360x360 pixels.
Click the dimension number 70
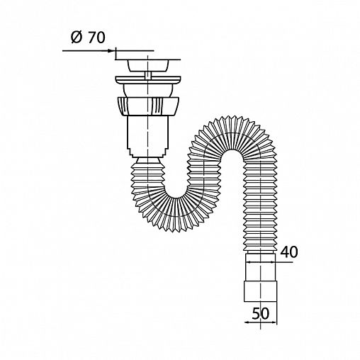(x=96, y=38)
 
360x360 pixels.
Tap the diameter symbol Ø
(x=77, y=38)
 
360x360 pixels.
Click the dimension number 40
(x=289, y=252)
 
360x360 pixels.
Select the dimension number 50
(x=261, y=314)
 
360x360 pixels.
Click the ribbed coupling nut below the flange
(x=148, y=106)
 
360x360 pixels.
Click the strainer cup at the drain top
(x=148, y=65)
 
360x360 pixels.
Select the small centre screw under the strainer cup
(x=148, y=75)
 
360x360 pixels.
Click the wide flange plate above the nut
(x=148, y=80)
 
